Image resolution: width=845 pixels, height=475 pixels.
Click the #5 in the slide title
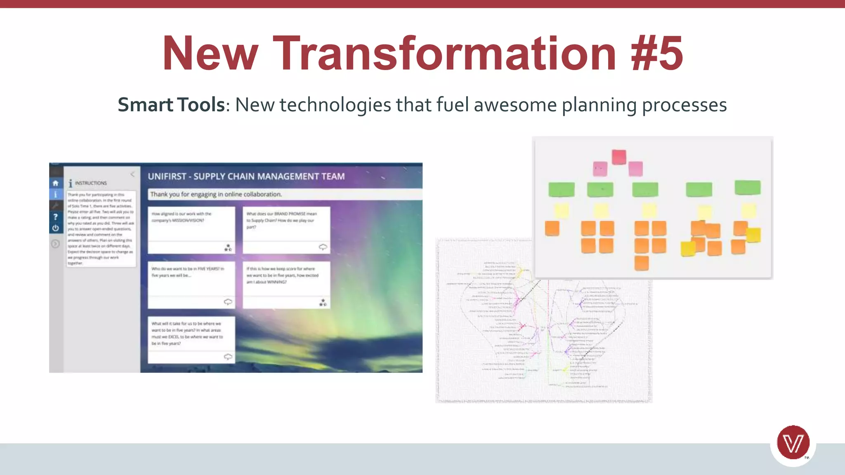click(657, 54)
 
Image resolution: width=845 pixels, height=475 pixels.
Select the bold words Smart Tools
click(171, 105)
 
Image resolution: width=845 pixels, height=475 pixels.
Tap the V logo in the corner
click(793, 443)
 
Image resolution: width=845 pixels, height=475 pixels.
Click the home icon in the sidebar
click(56, 183)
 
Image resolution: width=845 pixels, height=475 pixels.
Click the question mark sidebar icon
click(56, 216)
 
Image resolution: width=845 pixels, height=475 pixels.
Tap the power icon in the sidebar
click(56, 228)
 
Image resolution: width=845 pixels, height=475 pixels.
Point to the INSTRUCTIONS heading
click(90, 183)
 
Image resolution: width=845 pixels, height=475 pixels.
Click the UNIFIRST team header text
click(246, 176)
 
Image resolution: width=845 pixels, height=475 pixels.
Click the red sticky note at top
click(619, 157)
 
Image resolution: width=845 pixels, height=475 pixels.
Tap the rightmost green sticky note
click(747, 188)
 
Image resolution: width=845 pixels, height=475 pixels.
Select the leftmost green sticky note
click(561, 190)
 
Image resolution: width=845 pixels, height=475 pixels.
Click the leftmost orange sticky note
click(552, 228)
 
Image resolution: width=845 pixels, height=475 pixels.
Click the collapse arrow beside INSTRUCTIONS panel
click(132, 174)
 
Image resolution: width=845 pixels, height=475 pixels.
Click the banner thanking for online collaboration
click(285, 194)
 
